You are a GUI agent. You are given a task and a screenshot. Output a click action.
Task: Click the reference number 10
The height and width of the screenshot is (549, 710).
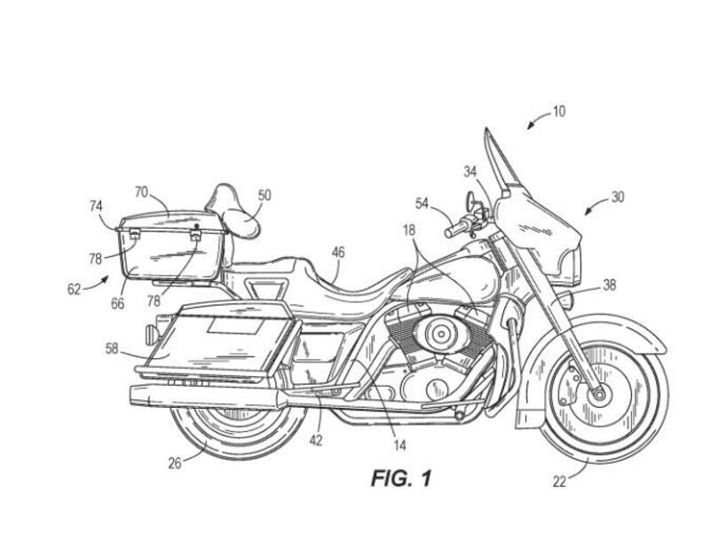tap(558, 112)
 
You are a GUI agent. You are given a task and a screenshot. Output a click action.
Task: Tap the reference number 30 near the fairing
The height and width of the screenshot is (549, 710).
tap(617, 197)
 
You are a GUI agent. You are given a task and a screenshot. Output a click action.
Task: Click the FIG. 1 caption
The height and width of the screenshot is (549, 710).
tap(400, 479)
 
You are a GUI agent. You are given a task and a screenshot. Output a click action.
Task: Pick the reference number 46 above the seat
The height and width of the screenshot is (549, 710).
tap(338, 253)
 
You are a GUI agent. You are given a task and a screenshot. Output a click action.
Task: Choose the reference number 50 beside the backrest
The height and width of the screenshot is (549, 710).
tap(264, 195)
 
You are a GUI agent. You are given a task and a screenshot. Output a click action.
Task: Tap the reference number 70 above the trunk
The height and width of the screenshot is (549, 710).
tap(141, 191)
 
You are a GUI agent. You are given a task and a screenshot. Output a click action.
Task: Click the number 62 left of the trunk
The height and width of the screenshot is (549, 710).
tap(75, 287)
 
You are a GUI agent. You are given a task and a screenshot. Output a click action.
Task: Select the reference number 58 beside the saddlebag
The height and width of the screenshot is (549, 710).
tap(112, 349)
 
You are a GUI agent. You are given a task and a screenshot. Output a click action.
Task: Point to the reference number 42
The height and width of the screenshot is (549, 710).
tap(316, 439)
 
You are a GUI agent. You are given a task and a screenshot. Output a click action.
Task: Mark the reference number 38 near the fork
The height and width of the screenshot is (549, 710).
tap(609, 286)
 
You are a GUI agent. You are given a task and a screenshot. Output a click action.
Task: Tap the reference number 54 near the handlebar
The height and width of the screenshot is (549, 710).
tap(422, 203)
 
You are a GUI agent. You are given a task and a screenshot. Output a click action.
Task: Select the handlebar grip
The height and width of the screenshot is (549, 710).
tap(457, 229)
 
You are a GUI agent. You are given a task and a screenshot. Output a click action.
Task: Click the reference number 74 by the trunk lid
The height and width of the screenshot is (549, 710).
tap(96, 206)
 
